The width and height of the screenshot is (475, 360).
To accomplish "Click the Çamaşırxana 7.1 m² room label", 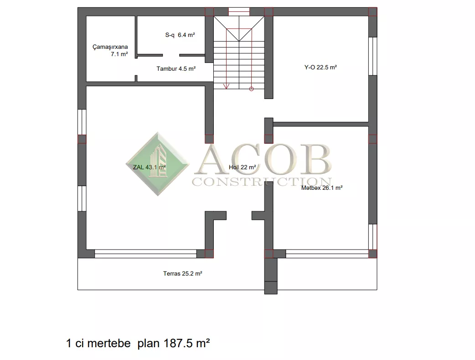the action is tap(110, 50).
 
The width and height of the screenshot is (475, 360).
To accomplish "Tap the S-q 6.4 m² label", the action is tap(180, 35).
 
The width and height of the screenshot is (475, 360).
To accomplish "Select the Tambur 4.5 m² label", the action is tap(176, 68).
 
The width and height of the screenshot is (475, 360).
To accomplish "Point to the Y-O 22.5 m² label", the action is tap(320, 68).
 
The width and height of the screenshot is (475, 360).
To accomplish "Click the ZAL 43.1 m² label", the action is tap(150, 167).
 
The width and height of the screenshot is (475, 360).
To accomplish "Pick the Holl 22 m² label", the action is tap(243, 167).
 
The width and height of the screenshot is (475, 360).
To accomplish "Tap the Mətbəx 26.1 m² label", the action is tap(322, 188).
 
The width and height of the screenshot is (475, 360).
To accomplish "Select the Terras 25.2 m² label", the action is tap(183, 274).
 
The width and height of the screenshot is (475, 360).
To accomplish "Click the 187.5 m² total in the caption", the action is tap(186, 343).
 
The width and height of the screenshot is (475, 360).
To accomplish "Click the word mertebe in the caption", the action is tap(109, 343).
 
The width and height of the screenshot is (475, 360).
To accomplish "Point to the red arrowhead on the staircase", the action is tap(226, 86).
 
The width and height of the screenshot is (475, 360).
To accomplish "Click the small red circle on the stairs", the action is tap(252, 89).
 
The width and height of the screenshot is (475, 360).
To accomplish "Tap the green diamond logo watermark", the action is tap(158, 164).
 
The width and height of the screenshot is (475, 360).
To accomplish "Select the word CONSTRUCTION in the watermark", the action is tap(262, 182).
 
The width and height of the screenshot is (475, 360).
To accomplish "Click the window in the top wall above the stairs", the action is tap(239, 11).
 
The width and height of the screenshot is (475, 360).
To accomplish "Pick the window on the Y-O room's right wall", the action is tap(373, 56).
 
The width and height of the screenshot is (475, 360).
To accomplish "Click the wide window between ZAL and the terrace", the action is tap(145, 254).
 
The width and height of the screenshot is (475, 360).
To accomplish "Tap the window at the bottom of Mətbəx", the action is tap(327, 254).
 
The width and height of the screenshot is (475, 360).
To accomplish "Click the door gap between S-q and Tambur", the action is tap(171, 55).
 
